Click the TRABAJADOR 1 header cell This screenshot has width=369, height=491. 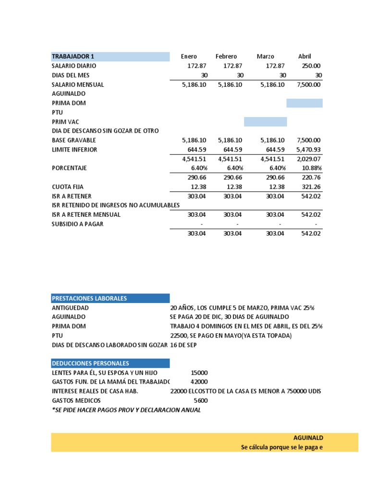point(73,57)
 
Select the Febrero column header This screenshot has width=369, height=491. point(226,57)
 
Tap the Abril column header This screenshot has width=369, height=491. point(305,57)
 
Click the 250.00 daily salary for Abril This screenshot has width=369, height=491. point(311,66)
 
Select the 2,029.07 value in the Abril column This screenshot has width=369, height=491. point(309,159)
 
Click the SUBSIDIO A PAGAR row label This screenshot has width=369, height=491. point(77,224)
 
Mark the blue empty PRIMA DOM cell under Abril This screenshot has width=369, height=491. point(304,103)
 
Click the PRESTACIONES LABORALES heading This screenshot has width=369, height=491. point(89,298)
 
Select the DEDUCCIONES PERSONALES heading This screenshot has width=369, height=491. point(90,363)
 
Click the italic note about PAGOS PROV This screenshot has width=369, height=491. point(126,410)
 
